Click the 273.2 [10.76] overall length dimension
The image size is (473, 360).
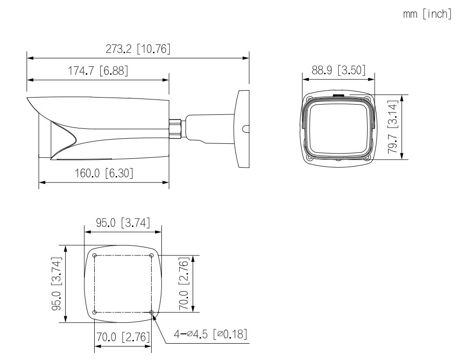(x=138, y=49)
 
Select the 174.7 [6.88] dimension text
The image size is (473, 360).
(x=98, y=71)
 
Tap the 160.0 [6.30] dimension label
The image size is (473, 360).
(x=104, y=173)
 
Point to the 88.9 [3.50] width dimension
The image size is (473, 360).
(x=339, y=70)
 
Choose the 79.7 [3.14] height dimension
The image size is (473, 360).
(x=393, y=127)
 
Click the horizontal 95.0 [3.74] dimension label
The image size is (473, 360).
(x=123, y=223)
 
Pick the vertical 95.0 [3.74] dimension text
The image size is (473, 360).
(x=57, y=284)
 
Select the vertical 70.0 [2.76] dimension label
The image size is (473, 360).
(x=184, y=284)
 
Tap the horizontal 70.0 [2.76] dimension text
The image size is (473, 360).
(x=123, y=337)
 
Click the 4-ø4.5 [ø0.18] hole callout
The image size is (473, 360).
(x=210, y=334)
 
